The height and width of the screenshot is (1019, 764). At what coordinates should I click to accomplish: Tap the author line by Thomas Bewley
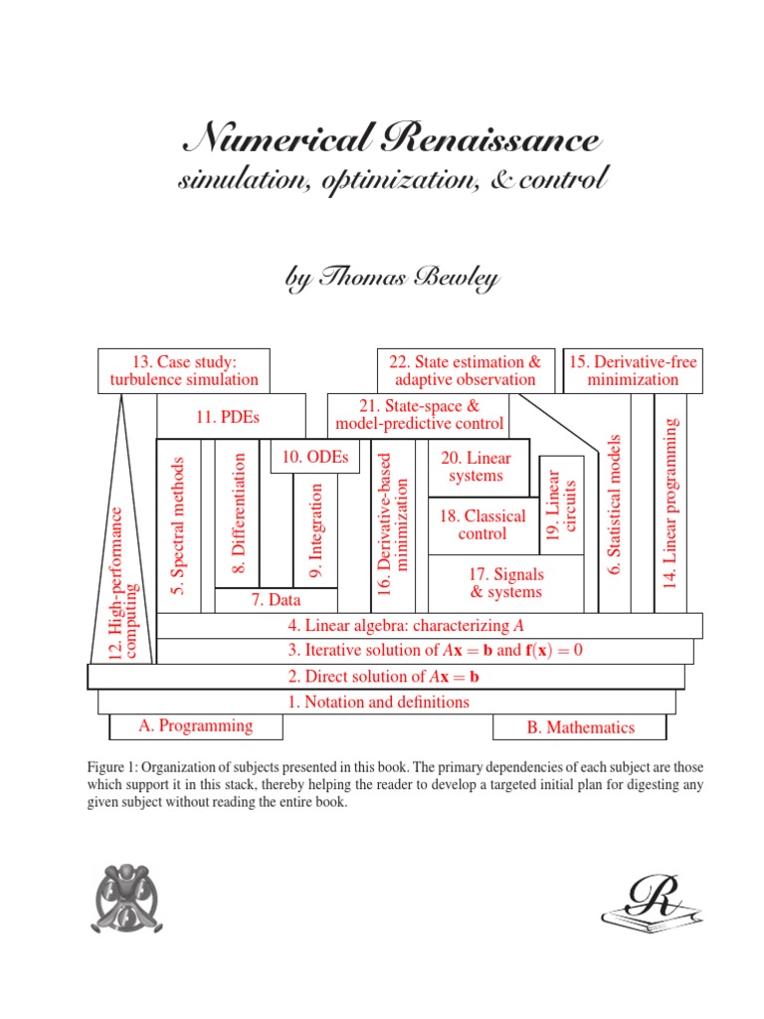[x=392, y=279]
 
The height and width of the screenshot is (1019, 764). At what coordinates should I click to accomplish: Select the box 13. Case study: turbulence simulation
[x=184, y=370]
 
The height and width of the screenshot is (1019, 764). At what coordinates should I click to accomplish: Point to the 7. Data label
[x=276, y=600]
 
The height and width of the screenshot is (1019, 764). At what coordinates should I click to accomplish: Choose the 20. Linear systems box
[x=476, y=467]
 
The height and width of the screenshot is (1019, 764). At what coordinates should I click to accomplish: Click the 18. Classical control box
[x=481, y=524]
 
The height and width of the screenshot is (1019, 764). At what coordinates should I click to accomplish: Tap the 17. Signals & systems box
[x=506, y=583]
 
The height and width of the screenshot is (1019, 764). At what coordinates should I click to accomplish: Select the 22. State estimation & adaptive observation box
[x=465, y=370]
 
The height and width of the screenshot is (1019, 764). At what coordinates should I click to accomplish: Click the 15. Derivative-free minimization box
[x=633, y=370]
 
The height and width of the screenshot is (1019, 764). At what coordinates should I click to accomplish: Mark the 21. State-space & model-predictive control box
[x=419, y=415]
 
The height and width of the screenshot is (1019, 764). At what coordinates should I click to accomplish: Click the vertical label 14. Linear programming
[x=668, y=503]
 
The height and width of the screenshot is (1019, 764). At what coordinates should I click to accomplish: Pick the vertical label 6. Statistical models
[x=614, y=505]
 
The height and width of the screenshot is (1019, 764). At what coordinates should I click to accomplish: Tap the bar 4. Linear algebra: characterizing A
[x=405, y=625]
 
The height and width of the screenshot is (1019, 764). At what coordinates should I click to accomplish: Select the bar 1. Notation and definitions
[x=378, y=702]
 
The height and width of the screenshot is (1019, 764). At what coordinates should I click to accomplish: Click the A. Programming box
[x=195, y=725]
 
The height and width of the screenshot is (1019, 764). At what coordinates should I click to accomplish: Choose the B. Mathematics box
[x=580, y=727]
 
